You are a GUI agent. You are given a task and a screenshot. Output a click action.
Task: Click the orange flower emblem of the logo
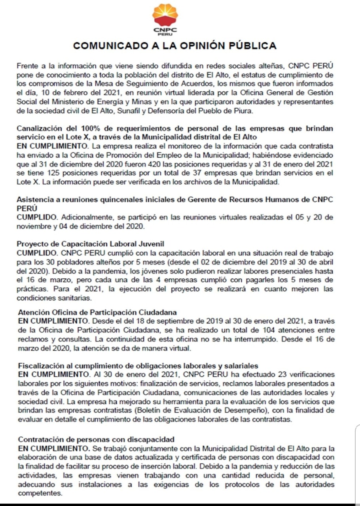165,15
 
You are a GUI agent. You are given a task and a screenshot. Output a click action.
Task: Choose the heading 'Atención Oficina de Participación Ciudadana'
97,312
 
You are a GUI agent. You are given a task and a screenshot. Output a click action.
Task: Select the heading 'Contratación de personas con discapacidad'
97,439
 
